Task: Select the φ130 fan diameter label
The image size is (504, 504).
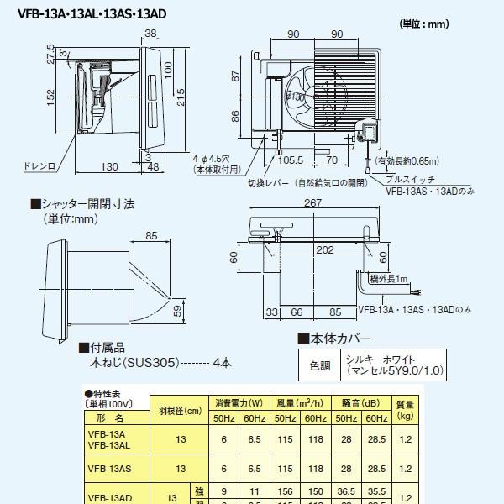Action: point(295,98)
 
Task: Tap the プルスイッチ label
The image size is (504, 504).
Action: point(410,179)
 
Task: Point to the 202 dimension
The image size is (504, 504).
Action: point(315,249)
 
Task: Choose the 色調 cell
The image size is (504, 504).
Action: point(320,366)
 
